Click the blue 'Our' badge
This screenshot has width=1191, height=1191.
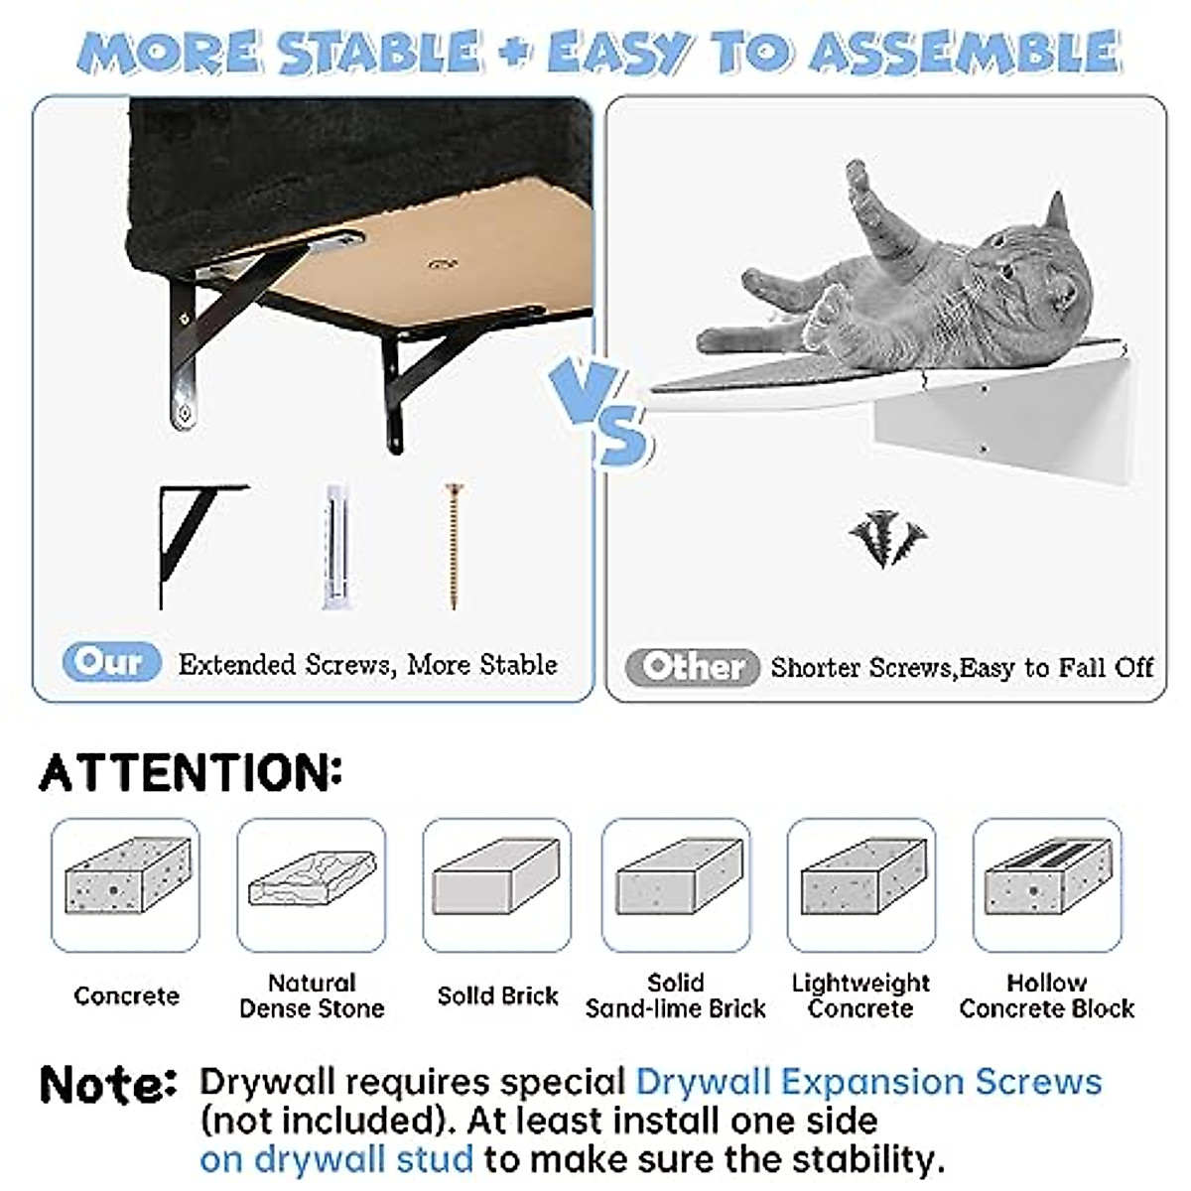pyautogui.click(x=111, y=662)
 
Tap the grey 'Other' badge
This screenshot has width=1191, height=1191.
pyautogui.click(x=692, y=667)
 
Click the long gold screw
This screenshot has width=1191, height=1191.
pyautogui.click(x=455, y=545)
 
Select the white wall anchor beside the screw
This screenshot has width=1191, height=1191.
pyautogui.click(x=335, y=547)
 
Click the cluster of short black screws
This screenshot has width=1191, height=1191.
pyautogui.click(x=885, y=539)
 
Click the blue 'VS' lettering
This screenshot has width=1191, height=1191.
pyautogui.click(x=600, y=413)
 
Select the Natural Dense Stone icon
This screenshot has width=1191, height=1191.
pyautogui.click(x=312, y=879)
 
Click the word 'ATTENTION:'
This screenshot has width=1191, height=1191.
pyautogui.click(x=191, y=773)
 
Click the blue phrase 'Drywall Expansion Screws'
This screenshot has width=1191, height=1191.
pyautogui.click(x=868, y=1082)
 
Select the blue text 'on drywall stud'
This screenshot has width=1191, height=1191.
pyautogui.click(x=335, y=1159)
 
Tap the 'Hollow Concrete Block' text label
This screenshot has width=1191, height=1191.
pyautogui.click(x=1047, y=996)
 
